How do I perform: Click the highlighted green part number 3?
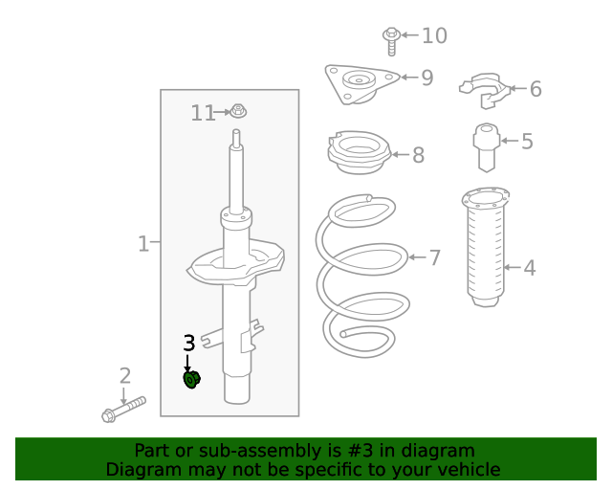tap(191, 380)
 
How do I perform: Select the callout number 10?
tap(434, 35)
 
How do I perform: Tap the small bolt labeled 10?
tap(390, 38)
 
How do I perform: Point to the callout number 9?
tap(426, 78)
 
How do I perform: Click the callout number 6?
tap(535, 89)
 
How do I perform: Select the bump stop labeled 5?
tap(487, 145)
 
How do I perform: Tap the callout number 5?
tap(527, 142)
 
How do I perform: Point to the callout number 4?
tap(529, 268)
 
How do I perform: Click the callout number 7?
tap(434, 257)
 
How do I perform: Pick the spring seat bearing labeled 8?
tap(358, 154)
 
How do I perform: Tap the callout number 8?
tap(418, 155)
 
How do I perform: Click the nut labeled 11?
tap(239, 112)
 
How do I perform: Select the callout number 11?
tap(203, 113)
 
